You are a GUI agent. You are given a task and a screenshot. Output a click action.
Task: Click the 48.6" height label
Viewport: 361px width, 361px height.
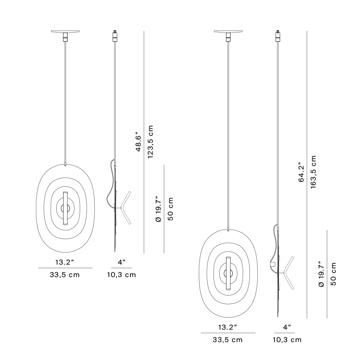coord(138,142)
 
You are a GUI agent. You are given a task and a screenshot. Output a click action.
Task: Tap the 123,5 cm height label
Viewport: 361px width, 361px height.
coord(150,142)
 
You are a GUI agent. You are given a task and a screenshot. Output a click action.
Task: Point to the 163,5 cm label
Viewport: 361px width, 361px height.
coord(313,172)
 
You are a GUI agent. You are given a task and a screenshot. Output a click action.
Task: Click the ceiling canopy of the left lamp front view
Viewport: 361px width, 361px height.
coord(65,31)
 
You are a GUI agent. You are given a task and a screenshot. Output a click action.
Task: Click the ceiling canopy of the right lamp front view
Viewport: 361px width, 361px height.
coord(228,31)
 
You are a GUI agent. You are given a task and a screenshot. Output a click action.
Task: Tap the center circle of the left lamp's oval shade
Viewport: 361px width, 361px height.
coord(65,208)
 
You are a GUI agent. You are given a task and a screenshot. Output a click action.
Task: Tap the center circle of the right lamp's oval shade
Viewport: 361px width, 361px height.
coord(228,273)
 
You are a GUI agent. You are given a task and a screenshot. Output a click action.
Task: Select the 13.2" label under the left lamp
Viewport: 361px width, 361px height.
coord(65,262)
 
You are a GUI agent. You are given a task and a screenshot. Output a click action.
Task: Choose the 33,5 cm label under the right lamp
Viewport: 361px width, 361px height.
coord(228,340)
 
